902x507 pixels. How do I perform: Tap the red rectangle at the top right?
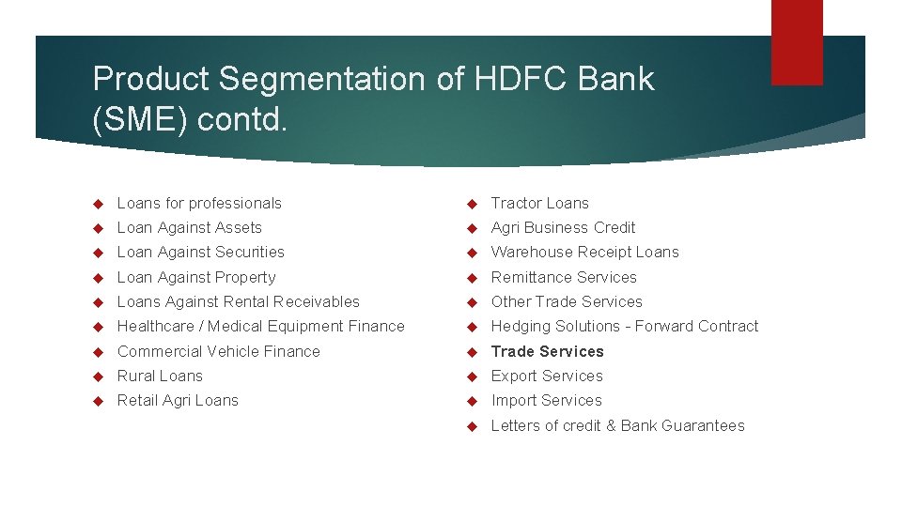click(x=797, y=41)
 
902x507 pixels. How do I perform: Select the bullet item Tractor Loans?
click(x=539, y=203)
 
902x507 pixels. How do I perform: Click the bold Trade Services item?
click(x=547, y=351)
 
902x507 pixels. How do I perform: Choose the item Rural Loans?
click(x=159, y=376)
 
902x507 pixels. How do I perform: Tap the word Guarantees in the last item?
click(x=703, y=425)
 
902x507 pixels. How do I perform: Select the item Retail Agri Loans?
click(x=178, y=400)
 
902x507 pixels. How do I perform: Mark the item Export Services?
click(x=547, y=376)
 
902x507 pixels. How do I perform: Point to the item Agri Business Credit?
click(x=563, y=227)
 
